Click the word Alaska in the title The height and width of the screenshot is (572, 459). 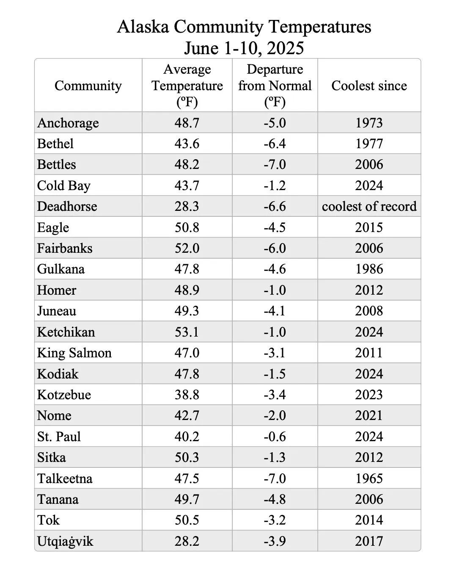click(x=143, y=27)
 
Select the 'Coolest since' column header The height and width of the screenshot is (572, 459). click(x=369, y=86)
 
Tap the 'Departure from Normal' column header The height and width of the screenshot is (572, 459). click(x=275, y=86)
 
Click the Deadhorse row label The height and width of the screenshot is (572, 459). click(x=67, y=206)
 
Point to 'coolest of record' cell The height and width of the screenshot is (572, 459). click(x=369, y=206)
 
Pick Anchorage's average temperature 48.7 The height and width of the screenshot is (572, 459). click(x=187, y=123)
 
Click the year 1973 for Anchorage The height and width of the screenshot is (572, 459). click(x=369, y=123)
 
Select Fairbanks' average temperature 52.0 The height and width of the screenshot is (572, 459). click(x=187, y=248)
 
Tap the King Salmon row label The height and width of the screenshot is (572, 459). click(x=74, y=353)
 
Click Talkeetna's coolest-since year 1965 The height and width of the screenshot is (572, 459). click(x=369, y=478)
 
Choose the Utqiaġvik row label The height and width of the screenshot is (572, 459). click(x=65, y=541)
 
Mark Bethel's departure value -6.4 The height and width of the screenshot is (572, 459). click(x=275, y=144)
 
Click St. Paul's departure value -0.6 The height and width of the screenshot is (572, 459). click(x=275, y=437)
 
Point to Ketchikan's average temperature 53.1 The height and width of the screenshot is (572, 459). click(x=187, y=332)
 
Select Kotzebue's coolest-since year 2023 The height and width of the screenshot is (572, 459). click(x=369, y=395)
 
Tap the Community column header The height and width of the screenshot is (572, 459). click(x=88, y=86)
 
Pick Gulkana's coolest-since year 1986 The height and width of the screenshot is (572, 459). click(x=369, y=269)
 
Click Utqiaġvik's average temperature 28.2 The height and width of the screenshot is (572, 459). click(x=187, y=541)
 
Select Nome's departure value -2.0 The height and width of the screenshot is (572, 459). click(x=275, y=415)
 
